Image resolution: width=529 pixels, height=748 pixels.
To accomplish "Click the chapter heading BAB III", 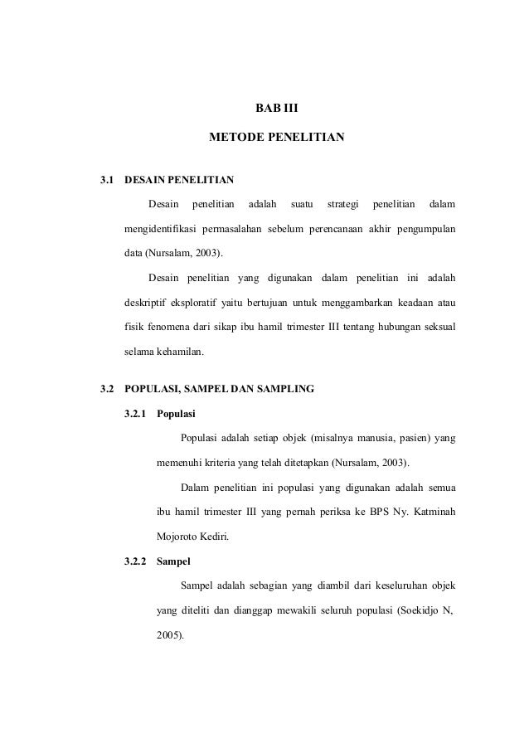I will [275, 106].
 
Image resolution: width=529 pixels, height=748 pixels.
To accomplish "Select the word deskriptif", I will [147, 301].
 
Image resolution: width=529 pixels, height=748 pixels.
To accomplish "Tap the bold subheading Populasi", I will [177, 412].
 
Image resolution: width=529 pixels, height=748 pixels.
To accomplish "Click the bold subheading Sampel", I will [173, 561].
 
